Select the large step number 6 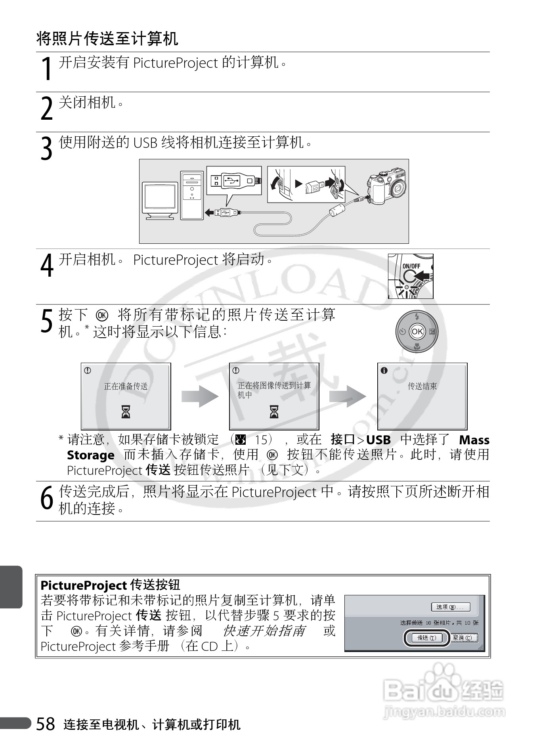(x=47, y=499)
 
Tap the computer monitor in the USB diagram (x=160, y=200)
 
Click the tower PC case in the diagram (x=192, y=195)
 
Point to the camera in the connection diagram (x=386, y=186)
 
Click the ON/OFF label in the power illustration (x=411, y=266)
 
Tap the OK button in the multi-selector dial (x=417, y=331)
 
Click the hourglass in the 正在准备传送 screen (x=126, y=412)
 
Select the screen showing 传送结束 (x=422, y=396)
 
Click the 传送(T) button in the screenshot (x=426, y=638)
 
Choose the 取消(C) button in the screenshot (x=463, y=638)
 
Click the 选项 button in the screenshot (x=450, y=607)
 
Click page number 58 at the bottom (x=46, y=724)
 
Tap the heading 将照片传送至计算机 (x=107, y=39)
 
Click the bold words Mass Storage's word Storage (x=90, y=455)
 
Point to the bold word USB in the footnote (x=378, y=440)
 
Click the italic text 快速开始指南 (x=264, y=631)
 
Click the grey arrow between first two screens (x=200, y=396)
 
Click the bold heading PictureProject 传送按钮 (x=110, y=585)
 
